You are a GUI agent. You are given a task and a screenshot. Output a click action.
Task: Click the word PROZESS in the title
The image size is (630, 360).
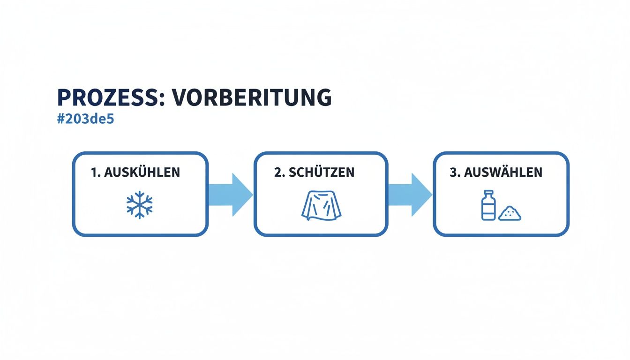(109, 97)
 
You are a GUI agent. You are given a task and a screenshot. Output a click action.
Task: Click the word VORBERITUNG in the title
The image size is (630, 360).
(251, 97)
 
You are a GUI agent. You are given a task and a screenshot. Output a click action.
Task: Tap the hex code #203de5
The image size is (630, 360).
(85, 119)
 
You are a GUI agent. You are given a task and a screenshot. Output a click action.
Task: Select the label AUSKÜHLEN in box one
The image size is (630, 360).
(142, 172)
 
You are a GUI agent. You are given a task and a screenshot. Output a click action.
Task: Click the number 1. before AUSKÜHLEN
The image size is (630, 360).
(96, 172)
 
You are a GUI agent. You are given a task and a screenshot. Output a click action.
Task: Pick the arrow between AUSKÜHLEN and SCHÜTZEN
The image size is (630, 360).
(230, 195)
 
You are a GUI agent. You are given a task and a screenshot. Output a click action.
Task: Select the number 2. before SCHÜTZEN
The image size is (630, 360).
(280, 172)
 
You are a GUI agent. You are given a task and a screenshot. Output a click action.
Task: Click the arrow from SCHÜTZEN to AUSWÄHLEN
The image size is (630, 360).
(409, 195)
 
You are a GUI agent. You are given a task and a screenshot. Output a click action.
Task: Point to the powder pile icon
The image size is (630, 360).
(510, 214)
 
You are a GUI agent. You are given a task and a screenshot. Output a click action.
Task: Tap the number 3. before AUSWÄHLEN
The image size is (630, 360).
(455, 172)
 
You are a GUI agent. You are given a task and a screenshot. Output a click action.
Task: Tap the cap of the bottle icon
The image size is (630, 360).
(488, 192)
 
